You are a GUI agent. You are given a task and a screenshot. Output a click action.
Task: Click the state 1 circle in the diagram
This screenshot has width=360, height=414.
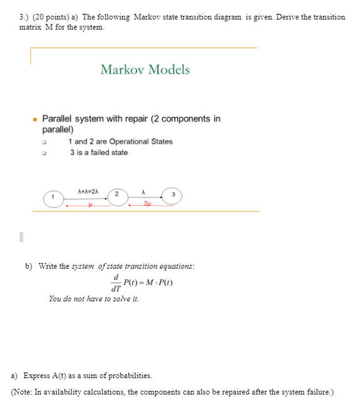pyautogui.click(x=53, y=198)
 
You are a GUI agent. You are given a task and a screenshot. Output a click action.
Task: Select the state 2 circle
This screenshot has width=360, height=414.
pyautogui.click(x=116, y=195)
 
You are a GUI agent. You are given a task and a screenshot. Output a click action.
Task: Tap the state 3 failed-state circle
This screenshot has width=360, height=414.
pyautogui.click(x=172, y=196)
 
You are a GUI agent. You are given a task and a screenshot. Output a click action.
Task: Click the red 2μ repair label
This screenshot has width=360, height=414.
pyautogui.click(x=147, y=204)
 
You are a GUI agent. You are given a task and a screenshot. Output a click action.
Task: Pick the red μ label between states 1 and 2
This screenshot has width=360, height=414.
pyautogui.click(x=90, y=204)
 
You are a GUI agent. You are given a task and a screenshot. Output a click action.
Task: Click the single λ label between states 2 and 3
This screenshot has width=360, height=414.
pyautogui.click(x=145, y=190)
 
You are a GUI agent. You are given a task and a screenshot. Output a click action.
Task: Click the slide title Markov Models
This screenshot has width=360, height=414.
pyautogui.click(x=145, y=69)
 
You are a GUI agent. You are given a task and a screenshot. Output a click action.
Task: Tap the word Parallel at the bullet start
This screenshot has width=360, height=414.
pyautogui.click(x=56, y=118)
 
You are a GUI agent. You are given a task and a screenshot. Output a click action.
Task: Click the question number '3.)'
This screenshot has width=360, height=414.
pyautogui.click(x=24, y=17)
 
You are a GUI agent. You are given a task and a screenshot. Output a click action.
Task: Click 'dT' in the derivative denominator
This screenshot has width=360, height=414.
pyautogui.click(x=115, y=289)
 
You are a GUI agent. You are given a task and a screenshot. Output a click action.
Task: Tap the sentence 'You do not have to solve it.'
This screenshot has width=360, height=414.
pyautogui.click(x=94, y=299)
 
